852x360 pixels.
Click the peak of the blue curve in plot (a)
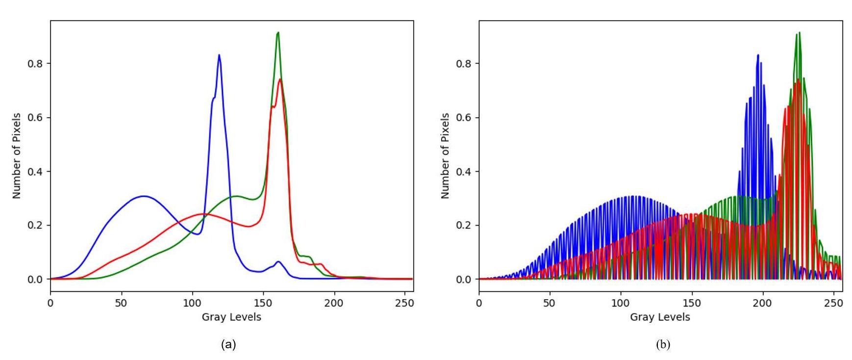(x=219, y=55)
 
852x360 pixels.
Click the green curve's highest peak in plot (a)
(x=277, y=33)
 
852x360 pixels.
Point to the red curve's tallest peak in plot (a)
(x=280, y=79)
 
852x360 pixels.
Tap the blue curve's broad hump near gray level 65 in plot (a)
(x=143, y=196)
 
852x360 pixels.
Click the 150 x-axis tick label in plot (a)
(x=263, y=303)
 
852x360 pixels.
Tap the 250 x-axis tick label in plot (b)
(x=833, y=303)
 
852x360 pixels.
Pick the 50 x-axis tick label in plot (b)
(x=550, y=303)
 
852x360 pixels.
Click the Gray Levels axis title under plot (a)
(x=231, y=317)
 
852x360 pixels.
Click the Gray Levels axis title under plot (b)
(x=660, y=317)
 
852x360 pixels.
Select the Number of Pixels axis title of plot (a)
(x=17, y=155)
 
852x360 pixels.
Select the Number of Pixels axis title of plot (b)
(x=445, y=155)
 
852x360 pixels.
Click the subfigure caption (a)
(x=228, y=344)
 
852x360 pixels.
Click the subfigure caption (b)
(x=663, y=344)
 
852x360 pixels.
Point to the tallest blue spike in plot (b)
(x=757, y=55)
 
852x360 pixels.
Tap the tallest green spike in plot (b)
(x=799, y=33)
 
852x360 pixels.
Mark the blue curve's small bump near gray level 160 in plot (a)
(x=278, y=262)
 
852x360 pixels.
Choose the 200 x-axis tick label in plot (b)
(x=762, y=303)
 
